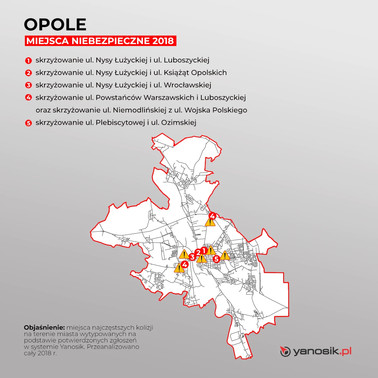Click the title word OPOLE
(x=55, y=25)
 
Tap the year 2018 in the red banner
(x=162, y=41)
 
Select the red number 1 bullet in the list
(x=28, y=60)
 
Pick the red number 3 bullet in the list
(x=28, y=85)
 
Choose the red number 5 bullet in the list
(x=28, y=123)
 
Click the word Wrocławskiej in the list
(x=187, y=85)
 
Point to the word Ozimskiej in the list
(x=179, y=123)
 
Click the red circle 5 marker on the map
(x=216, y=259)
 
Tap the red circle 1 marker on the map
(x=203, y=250)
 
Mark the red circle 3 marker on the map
(x=192, y=257)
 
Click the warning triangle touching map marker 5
(x=225, y=255)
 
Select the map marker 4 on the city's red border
(x=212, y=216)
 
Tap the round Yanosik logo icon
(x=285, y=351)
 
